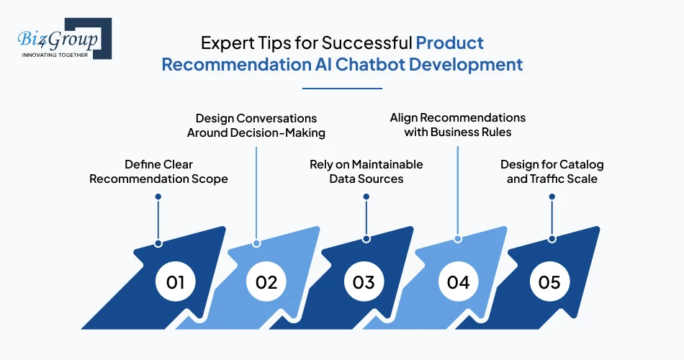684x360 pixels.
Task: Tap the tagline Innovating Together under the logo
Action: pyautogui.click(x=55, y=55)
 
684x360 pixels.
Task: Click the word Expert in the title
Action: pyautogui.click(x=222, y=42)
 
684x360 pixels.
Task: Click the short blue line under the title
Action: pyautogui.click(x=342, y=89)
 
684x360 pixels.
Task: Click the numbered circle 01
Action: pyautogui.click(x=175, y=282)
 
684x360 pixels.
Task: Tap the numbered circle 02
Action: pyautogui.click(x=266, y=282)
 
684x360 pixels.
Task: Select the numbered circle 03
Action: pyautogui.click(x=364, y=282)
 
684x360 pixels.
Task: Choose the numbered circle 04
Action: pyautogui.click(x=458, y=282)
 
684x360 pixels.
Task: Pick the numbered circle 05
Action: pyautogui.click(x=549, y=282)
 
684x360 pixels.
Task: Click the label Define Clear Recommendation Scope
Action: pyautogui.click(x=158, y=171)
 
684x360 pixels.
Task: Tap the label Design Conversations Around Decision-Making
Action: pyautogui.click(x=256, y=125)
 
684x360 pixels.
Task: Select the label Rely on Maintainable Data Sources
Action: pyautogui.click(x=366, y=171)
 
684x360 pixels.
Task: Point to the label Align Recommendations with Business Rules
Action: pyautogui.click(x=458, y=125)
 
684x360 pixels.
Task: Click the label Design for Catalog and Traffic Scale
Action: pyautogui.click(x=552, y=171)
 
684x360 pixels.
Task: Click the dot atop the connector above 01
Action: pyautogui.click(x=158, y=196)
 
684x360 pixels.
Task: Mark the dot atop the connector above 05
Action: pyautogui.click(x=552, y=196)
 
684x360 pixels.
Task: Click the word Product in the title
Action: pyautogui.click(x=450, y=42)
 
